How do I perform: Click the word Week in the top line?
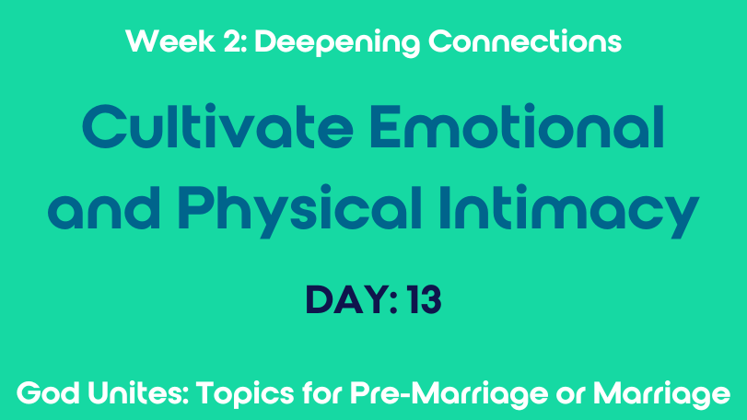point(170,41)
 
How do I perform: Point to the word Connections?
point(525,41)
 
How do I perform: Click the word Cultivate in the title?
point(217,126)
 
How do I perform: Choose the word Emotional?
point(517,126)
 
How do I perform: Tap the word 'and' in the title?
point(104,208)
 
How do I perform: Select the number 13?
point(425,300)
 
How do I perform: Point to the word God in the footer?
point(48,394)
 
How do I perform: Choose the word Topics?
point(245,395)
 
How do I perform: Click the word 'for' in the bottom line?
point(322,394)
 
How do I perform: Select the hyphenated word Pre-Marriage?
point(449,395)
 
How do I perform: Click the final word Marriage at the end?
point(661,395)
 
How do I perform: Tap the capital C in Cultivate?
point(103,126)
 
